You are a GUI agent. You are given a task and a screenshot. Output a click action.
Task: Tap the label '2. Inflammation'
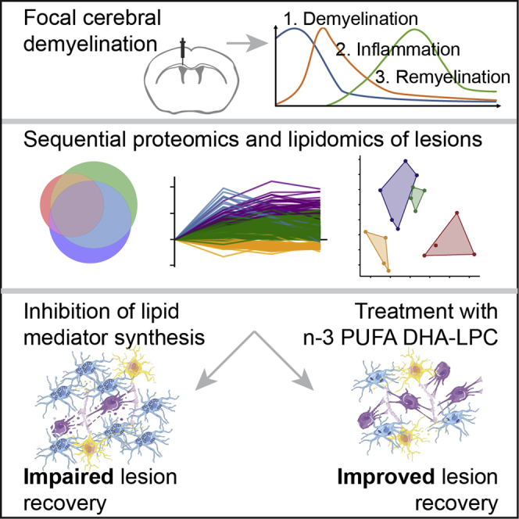tap(398, 49)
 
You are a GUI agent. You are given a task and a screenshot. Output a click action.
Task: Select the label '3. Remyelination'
tap(440, 77)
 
